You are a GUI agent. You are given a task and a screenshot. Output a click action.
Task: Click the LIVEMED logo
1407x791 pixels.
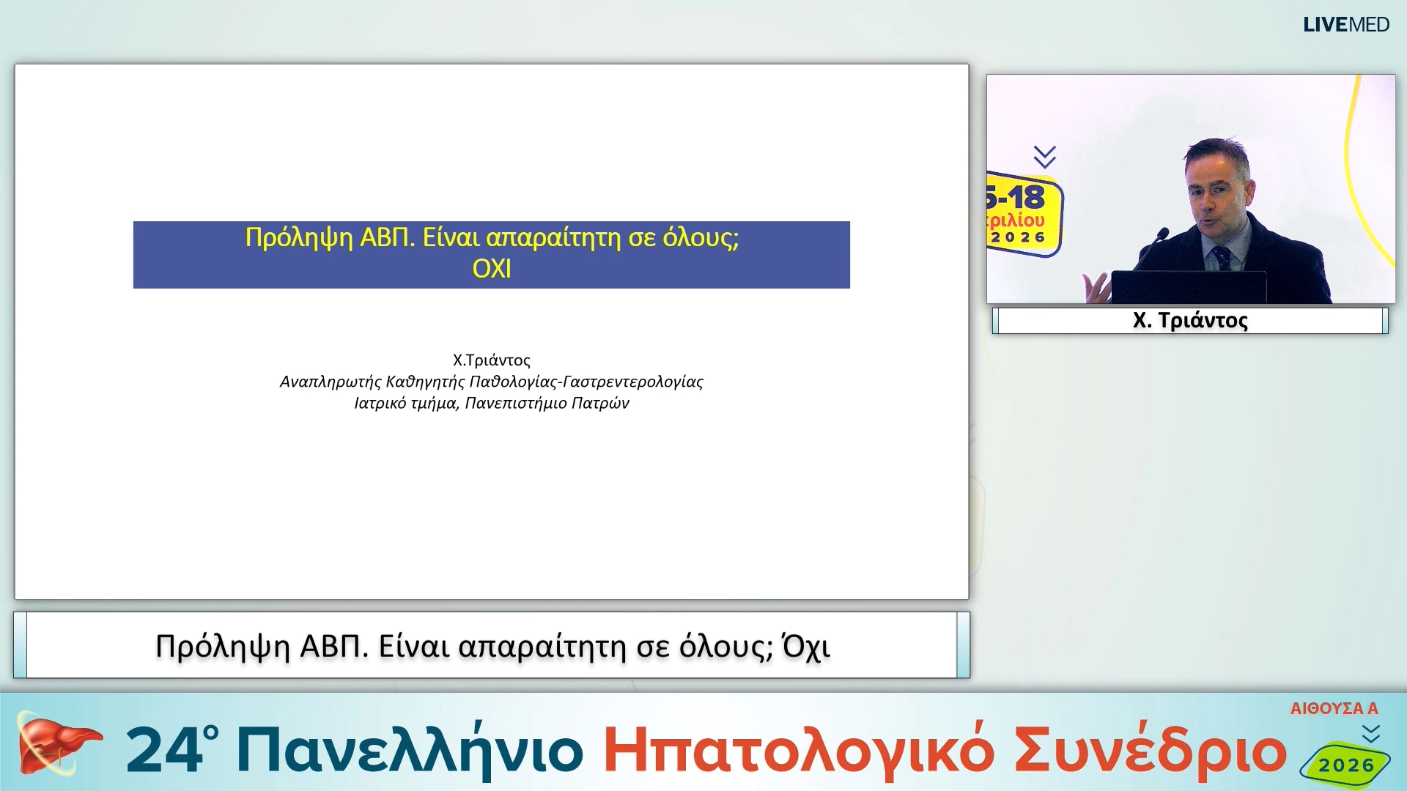[1345, 25]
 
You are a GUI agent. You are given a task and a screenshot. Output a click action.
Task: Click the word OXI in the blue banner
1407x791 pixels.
[491, 269]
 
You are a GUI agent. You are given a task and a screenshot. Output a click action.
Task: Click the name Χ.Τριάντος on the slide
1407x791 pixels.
[491, 360]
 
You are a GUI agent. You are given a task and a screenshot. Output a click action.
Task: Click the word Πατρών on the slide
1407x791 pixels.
[600, 403]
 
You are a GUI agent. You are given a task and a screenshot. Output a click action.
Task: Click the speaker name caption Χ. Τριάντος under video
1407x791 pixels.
[1189, 320]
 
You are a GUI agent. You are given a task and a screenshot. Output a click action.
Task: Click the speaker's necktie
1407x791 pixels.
[1222, 258]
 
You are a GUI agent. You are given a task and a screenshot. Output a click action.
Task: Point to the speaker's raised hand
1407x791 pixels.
[1096, 287]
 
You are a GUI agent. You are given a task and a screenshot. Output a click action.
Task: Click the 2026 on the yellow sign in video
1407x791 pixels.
[1018, 237]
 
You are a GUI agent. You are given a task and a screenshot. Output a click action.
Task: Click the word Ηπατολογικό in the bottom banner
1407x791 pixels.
[799, 751]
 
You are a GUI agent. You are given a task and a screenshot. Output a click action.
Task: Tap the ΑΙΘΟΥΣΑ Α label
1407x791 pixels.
[1334, 708]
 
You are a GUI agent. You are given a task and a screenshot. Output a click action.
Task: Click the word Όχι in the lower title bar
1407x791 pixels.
[806, 647]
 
